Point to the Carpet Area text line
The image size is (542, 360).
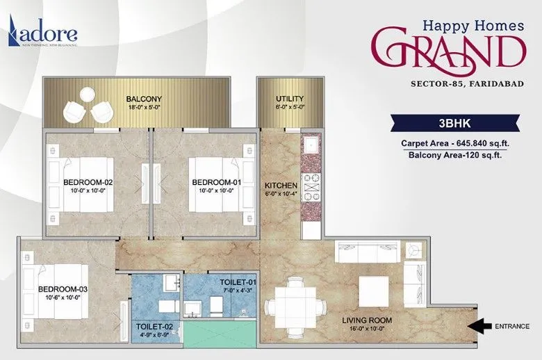451,143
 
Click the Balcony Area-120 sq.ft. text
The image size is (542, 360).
451,156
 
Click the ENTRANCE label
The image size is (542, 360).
512,325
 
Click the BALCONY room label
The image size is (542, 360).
144,98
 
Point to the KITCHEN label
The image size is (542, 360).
281,186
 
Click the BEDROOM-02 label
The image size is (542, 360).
88,182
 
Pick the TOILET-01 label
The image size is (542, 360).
233,281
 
